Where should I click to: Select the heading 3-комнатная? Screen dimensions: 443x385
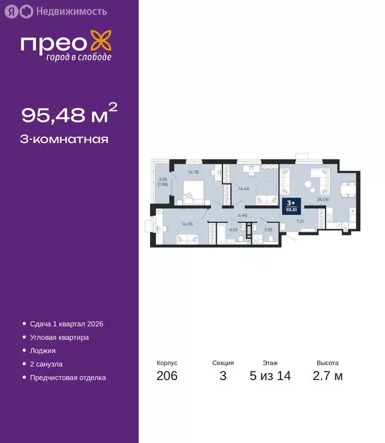pyautogui.click(x=65, y=139)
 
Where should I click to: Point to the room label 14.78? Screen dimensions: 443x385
pyautogui.click(x=194, y=171)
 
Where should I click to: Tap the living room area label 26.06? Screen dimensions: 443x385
pyautogui.click(x=323, y=200)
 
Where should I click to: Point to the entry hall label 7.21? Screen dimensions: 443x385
pyautogui.click(x=300, y=220)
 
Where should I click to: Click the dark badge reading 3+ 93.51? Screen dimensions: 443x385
pyautogui.click(x=291, y=204)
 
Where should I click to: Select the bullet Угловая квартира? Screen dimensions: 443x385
pyautogui.click(x=59, y=337)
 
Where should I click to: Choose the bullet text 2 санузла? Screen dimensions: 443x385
pyautogui.click(x=46, y=365)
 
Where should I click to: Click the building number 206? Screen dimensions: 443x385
pyautogui.click(x=167, y=376)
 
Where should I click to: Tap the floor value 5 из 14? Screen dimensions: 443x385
pyautogui.click(x=270, y=376)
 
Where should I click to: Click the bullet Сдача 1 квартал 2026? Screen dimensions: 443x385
pyautogui.click(x=66, y=324)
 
